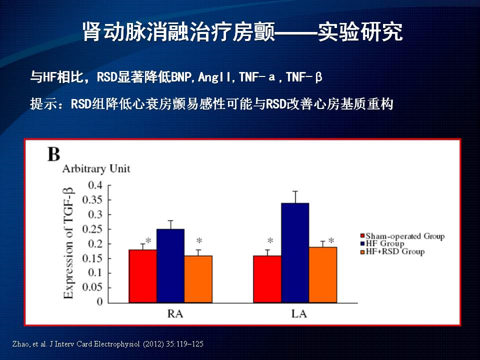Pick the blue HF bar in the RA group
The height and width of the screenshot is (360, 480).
coord(170,265)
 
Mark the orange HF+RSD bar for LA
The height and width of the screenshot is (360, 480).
coord(322,274)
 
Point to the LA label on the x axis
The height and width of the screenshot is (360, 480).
coord(299,314)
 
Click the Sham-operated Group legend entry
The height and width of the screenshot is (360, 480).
coord(404,236)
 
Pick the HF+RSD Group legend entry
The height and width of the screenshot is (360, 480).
coord(394,251)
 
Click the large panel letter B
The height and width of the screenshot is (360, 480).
coord(53,154)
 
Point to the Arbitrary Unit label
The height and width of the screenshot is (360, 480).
coord(96,168)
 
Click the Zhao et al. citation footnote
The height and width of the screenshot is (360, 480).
coord(107,344)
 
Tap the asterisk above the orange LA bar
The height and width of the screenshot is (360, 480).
coord(331,240)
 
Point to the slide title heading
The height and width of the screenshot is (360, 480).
coord(242,32)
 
